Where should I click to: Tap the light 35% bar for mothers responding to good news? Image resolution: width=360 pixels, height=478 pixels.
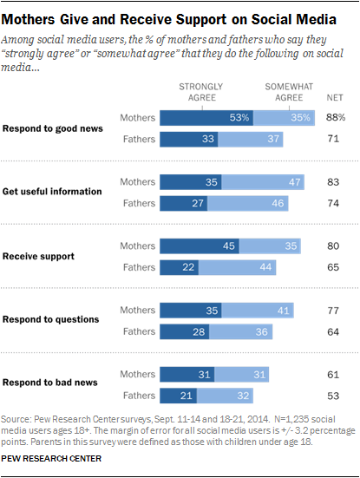(285, 118)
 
